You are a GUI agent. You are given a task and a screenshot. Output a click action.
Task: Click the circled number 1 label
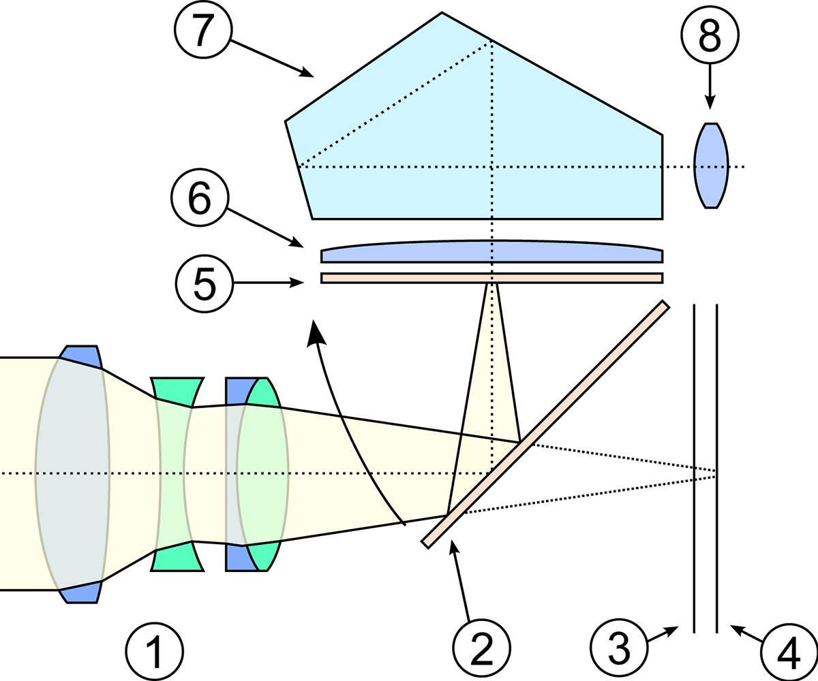154,651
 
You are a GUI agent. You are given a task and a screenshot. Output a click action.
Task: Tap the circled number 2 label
481,648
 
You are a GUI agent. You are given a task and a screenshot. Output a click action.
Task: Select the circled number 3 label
619,648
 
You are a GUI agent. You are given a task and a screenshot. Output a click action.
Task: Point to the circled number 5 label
204,283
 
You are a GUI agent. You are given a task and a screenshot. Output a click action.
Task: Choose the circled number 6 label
200,197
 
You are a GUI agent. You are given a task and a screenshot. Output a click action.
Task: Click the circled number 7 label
203,29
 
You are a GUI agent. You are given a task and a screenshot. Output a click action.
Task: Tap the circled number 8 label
710,35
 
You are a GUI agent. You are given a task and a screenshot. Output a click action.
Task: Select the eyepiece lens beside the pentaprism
711,165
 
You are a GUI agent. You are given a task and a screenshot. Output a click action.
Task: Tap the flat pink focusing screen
491,278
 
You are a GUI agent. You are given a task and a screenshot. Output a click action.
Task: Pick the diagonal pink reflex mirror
545,424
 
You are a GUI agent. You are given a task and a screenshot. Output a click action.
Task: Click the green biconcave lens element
177,475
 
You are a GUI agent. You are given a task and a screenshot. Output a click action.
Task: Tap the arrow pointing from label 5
269,283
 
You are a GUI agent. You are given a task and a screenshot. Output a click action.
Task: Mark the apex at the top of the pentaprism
442,13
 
